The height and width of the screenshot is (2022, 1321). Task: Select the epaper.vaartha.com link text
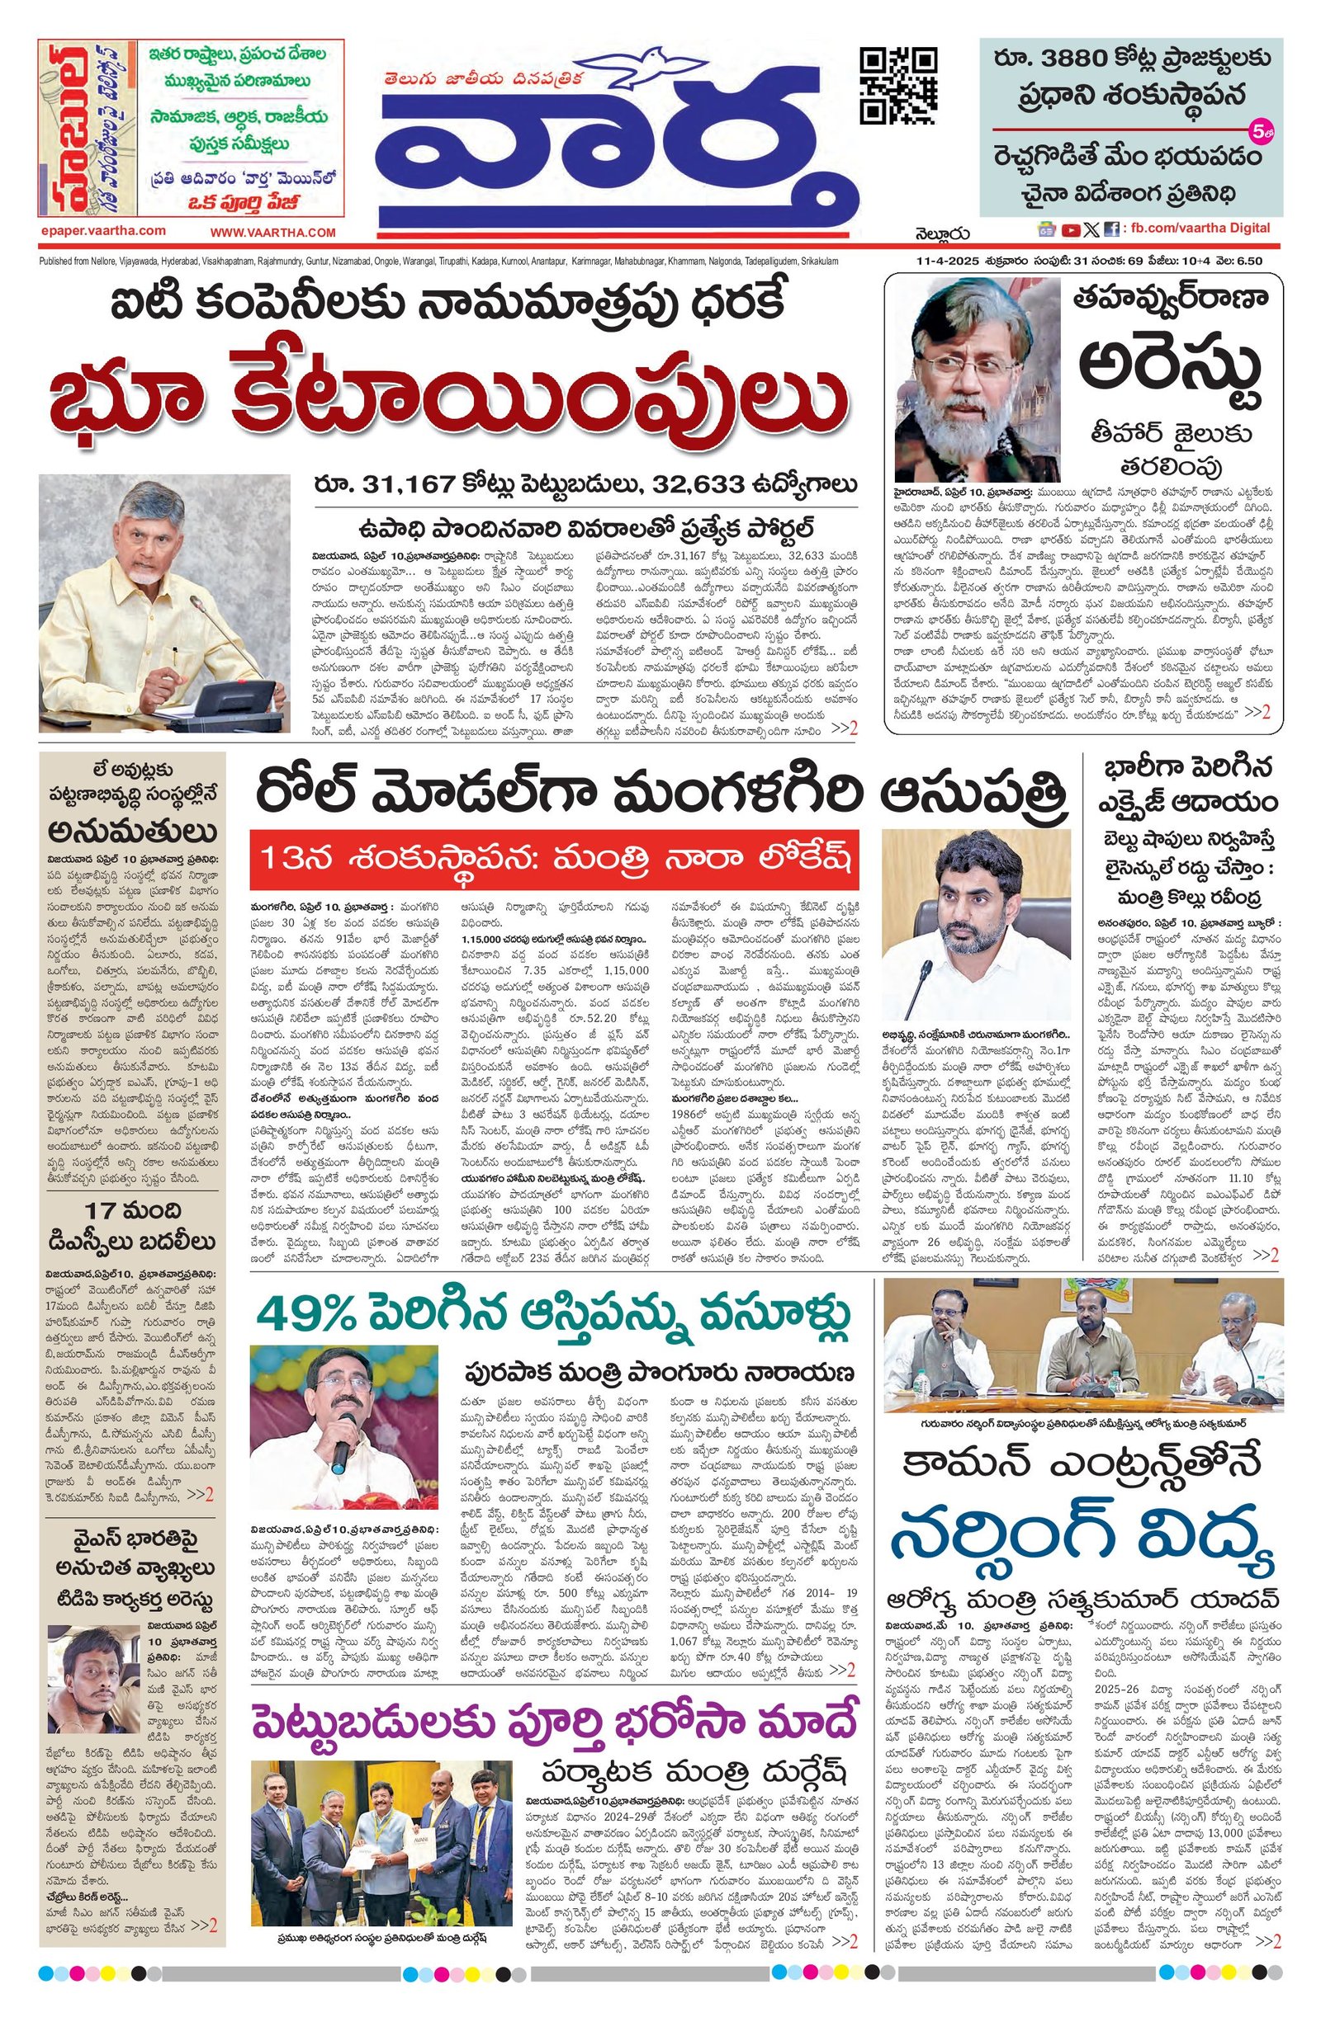[103, 231]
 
